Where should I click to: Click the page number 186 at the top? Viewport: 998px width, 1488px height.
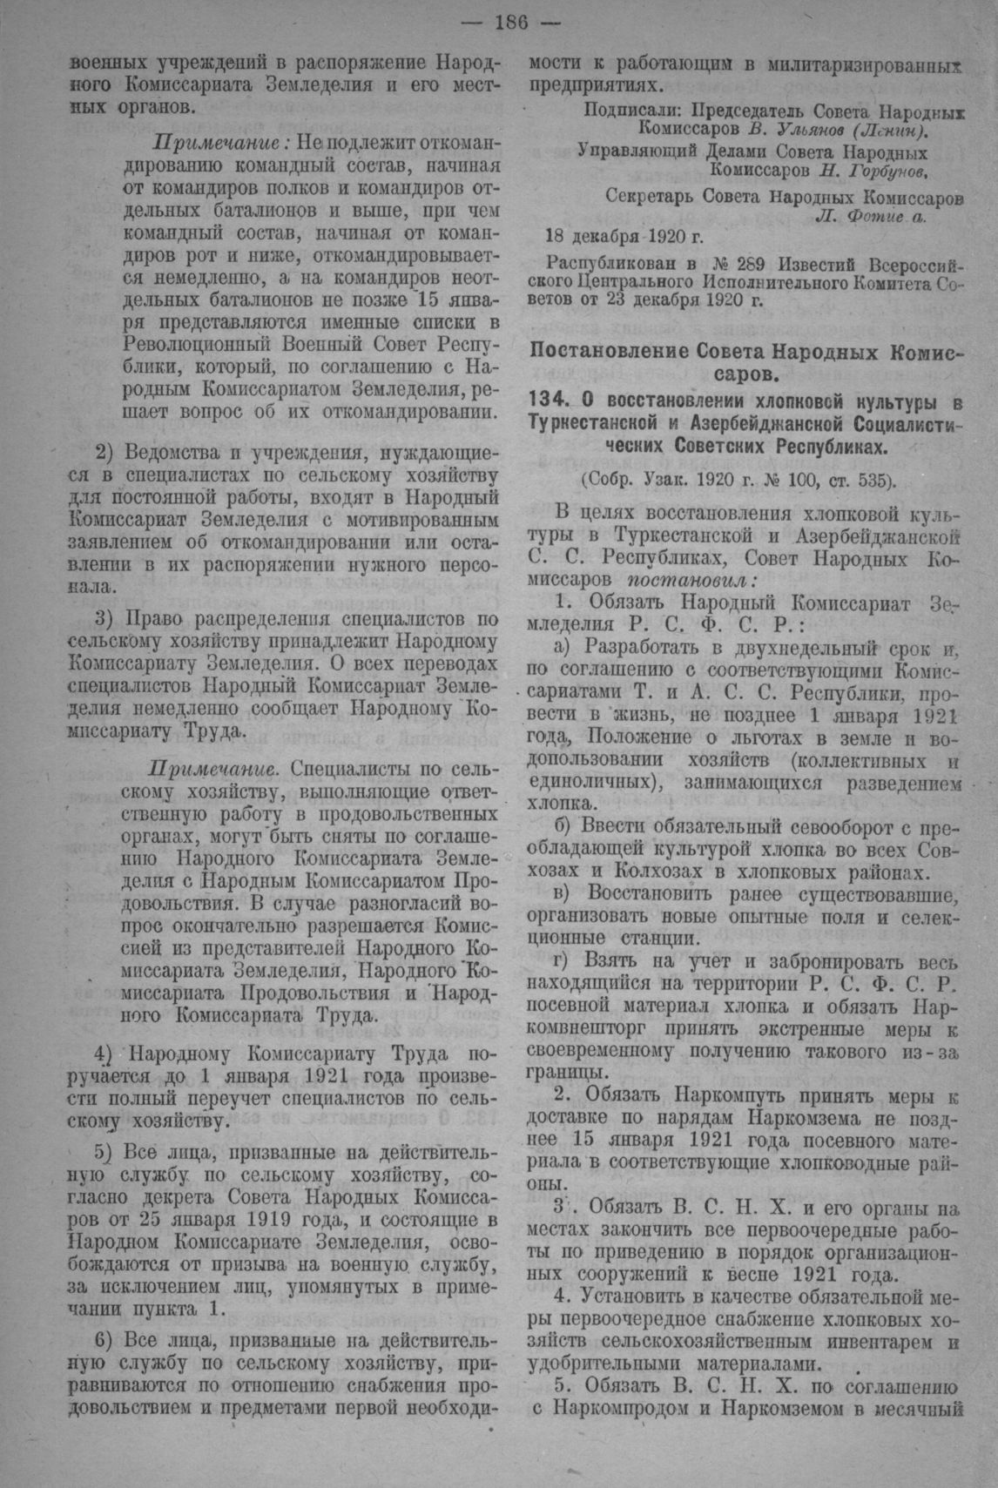coord(510,23)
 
